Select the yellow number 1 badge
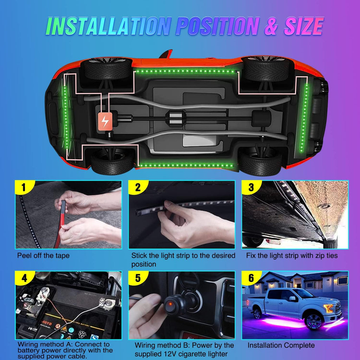pos(24,187)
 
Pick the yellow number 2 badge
pos(137,187)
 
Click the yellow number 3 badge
pos(251,187)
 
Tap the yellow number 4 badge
pos(24,278)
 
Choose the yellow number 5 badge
pos(137,278)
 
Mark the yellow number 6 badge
pos(251,278)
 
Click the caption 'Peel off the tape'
pos(43,256)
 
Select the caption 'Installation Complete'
pos(281,346)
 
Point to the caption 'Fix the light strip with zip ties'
pos(292,256)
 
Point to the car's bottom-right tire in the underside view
pos(260,163)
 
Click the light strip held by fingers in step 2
pos(183,207)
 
